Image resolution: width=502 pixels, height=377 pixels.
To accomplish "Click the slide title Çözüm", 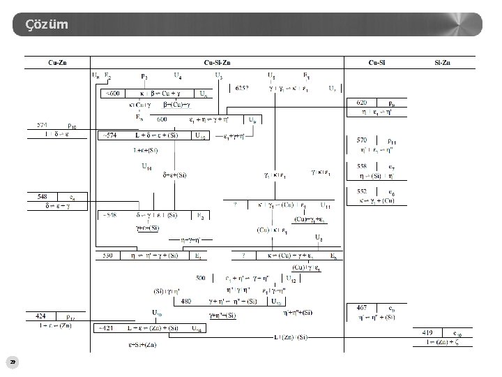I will (47, 25).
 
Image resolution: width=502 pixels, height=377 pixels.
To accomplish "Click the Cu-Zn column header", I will (58, 63).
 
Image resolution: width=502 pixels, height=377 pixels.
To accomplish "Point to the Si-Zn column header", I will (441, 63).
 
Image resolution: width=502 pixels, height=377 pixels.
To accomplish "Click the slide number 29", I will (12, 362).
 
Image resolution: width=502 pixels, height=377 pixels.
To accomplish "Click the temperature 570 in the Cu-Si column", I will (361, 140).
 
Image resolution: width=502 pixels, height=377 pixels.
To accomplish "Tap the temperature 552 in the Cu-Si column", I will (361, 191).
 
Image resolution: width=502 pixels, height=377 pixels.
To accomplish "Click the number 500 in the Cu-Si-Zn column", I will (200, 278).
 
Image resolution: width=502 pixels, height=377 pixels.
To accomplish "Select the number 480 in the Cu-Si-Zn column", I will (186, 302).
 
